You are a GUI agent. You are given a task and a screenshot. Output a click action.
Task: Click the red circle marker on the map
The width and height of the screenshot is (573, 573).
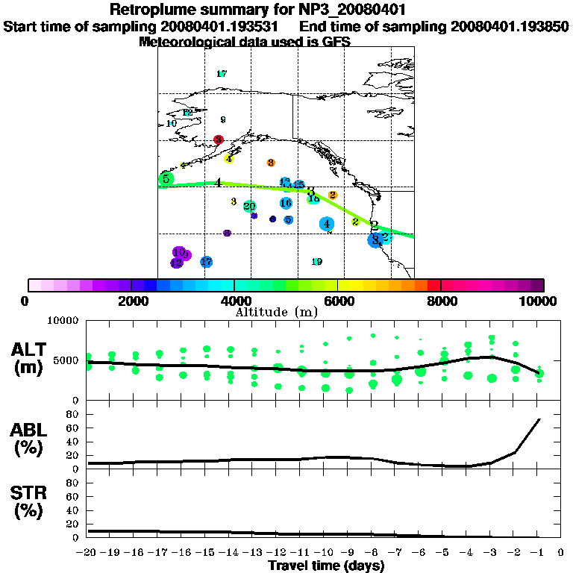[219, 140]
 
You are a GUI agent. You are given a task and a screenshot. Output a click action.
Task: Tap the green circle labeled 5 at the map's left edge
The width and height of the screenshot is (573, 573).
[166, 179]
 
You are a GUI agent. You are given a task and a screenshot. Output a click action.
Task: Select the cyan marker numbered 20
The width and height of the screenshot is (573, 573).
[250, 207]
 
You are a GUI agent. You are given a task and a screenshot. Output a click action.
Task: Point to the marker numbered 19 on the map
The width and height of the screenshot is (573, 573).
[316, 262]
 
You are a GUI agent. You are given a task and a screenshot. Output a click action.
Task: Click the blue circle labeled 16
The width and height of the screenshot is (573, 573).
[286, 203]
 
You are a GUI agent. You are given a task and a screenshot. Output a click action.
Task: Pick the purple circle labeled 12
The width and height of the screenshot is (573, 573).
[176, 263]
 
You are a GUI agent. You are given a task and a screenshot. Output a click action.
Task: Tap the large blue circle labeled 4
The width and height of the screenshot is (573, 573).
[326, 224]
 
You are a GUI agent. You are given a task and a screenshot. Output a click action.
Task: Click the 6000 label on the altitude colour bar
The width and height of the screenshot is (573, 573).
[338, 301]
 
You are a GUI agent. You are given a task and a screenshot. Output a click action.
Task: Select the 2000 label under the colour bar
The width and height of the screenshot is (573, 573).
[131, 301]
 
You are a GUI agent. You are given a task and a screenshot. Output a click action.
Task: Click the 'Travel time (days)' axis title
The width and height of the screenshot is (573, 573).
[326, 566]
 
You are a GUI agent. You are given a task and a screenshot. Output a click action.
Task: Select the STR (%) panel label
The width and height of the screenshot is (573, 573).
[29, 501]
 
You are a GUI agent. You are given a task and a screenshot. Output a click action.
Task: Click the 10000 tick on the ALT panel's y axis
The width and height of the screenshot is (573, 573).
[64, 321]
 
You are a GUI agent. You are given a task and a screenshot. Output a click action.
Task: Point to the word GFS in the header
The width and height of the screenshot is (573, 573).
[336, 42]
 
